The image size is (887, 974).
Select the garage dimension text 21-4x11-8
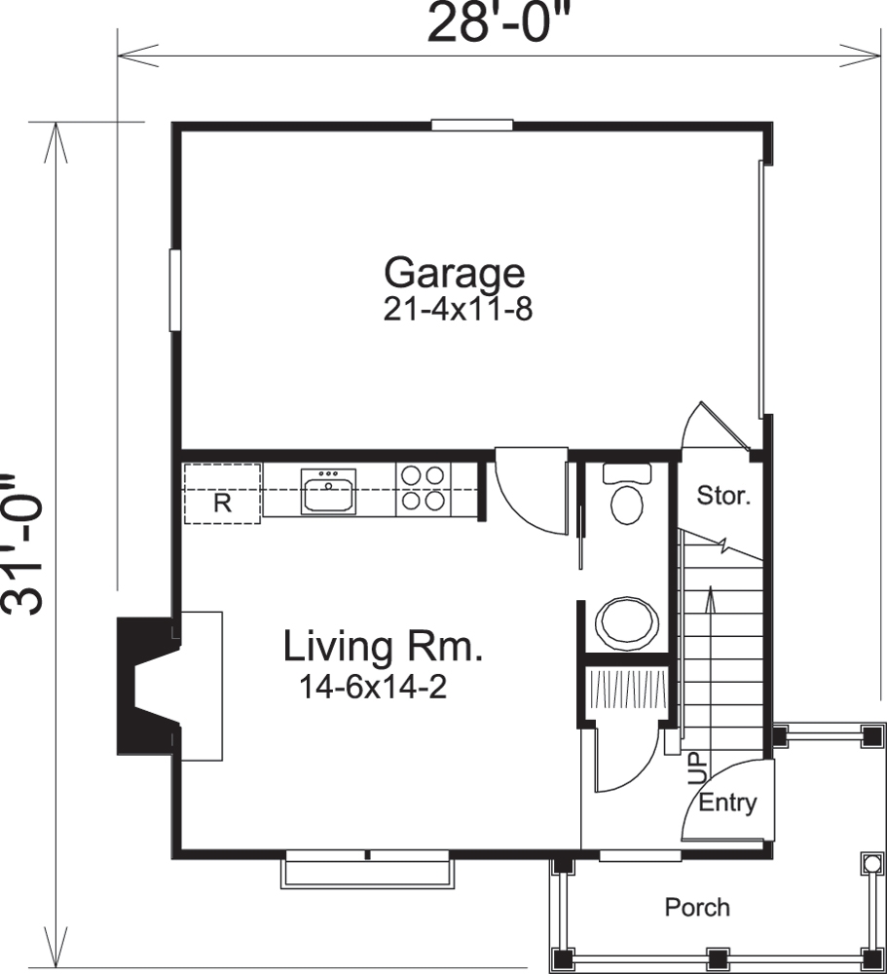point(458,311)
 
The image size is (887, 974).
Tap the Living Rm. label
point(384,647)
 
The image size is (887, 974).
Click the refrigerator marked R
point(222,495)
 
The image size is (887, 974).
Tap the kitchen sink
point(328,490)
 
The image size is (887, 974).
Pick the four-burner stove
point(424,488)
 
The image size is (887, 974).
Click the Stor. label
point(723,496)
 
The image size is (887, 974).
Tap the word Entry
point(727,804)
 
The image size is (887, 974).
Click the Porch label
point(696,908)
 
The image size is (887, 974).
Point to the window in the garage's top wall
point(472,125)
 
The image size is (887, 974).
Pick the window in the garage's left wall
point(175,290)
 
